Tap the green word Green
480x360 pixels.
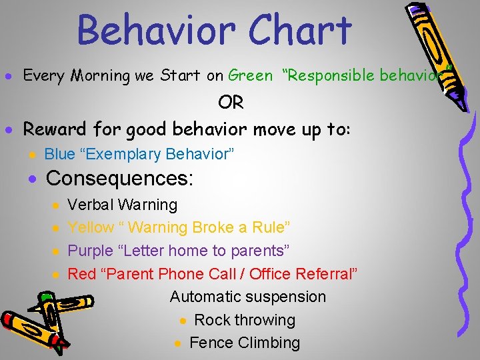[x=250, y=75]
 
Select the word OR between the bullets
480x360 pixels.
[x=231, y=103]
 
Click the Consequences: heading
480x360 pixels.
[x=119, y=179]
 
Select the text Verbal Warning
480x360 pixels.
[x=123, y=205]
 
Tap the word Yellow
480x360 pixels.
[x=91, y=228]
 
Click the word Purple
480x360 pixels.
[x=91, y=251]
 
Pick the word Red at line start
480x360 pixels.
[x=82, y=274]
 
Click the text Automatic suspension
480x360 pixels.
[x=248, y=297]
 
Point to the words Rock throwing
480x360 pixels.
[x=244, y=320]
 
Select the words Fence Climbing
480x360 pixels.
[x=245, y=343]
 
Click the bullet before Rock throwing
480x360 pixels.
[x=183, y=321]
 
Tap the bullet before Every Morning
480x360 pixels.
[x=9, y=76]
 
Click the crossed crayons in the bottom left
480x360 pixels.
[x=37, y=320]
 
